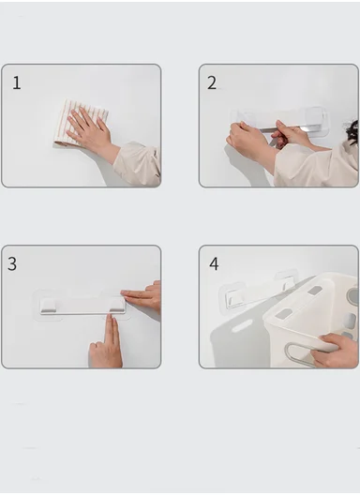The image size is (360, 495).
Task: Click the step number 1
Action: (17, 83)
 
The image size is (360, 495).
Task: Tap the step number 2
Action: (212, 83)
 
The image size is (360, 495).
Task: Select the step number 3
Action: (12, 264)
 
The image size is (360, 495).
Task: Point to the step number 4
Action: (214, 264)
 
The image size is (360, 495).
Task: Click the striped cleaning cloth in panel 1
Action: (81, 123)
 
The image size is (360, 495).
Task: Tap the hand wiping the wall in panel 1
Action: (89, 128)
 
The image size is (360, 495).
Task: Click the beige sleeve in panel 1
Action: (138, 164)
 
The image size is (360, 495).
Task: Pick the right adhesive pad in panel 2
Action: (315, 120)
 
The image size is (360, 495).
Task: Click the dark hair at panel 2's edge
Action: (352, 132)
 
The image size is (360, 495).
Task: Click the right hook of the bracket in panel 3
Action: (116, 305)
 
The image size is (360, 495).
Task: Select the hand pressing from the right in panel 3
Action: (142, 297)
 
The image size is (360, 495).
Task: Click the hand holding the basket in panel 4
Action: (337, 351)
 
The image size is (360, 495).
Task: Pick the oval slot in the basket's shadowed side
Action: (242, 326)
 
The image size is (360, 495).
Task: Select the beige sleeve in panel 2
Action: (316, 167)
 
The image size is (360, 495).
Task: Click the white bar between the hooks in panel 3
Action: (82, 307)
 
